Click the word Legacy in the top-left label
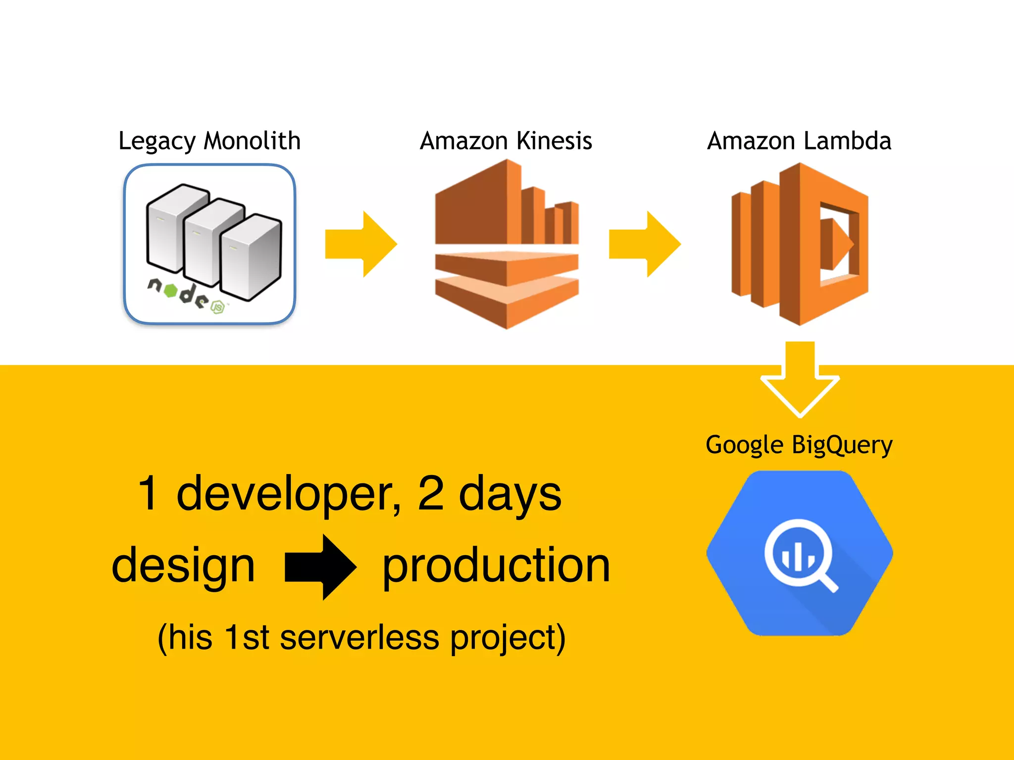coord(157,142)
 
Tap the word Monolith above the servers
coord(252,141)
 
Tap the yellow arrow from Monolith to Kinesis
coord(361,244)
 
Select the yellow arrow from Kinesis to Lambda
coord(645,244)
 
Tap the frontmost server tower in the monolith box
coord(251,257)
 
